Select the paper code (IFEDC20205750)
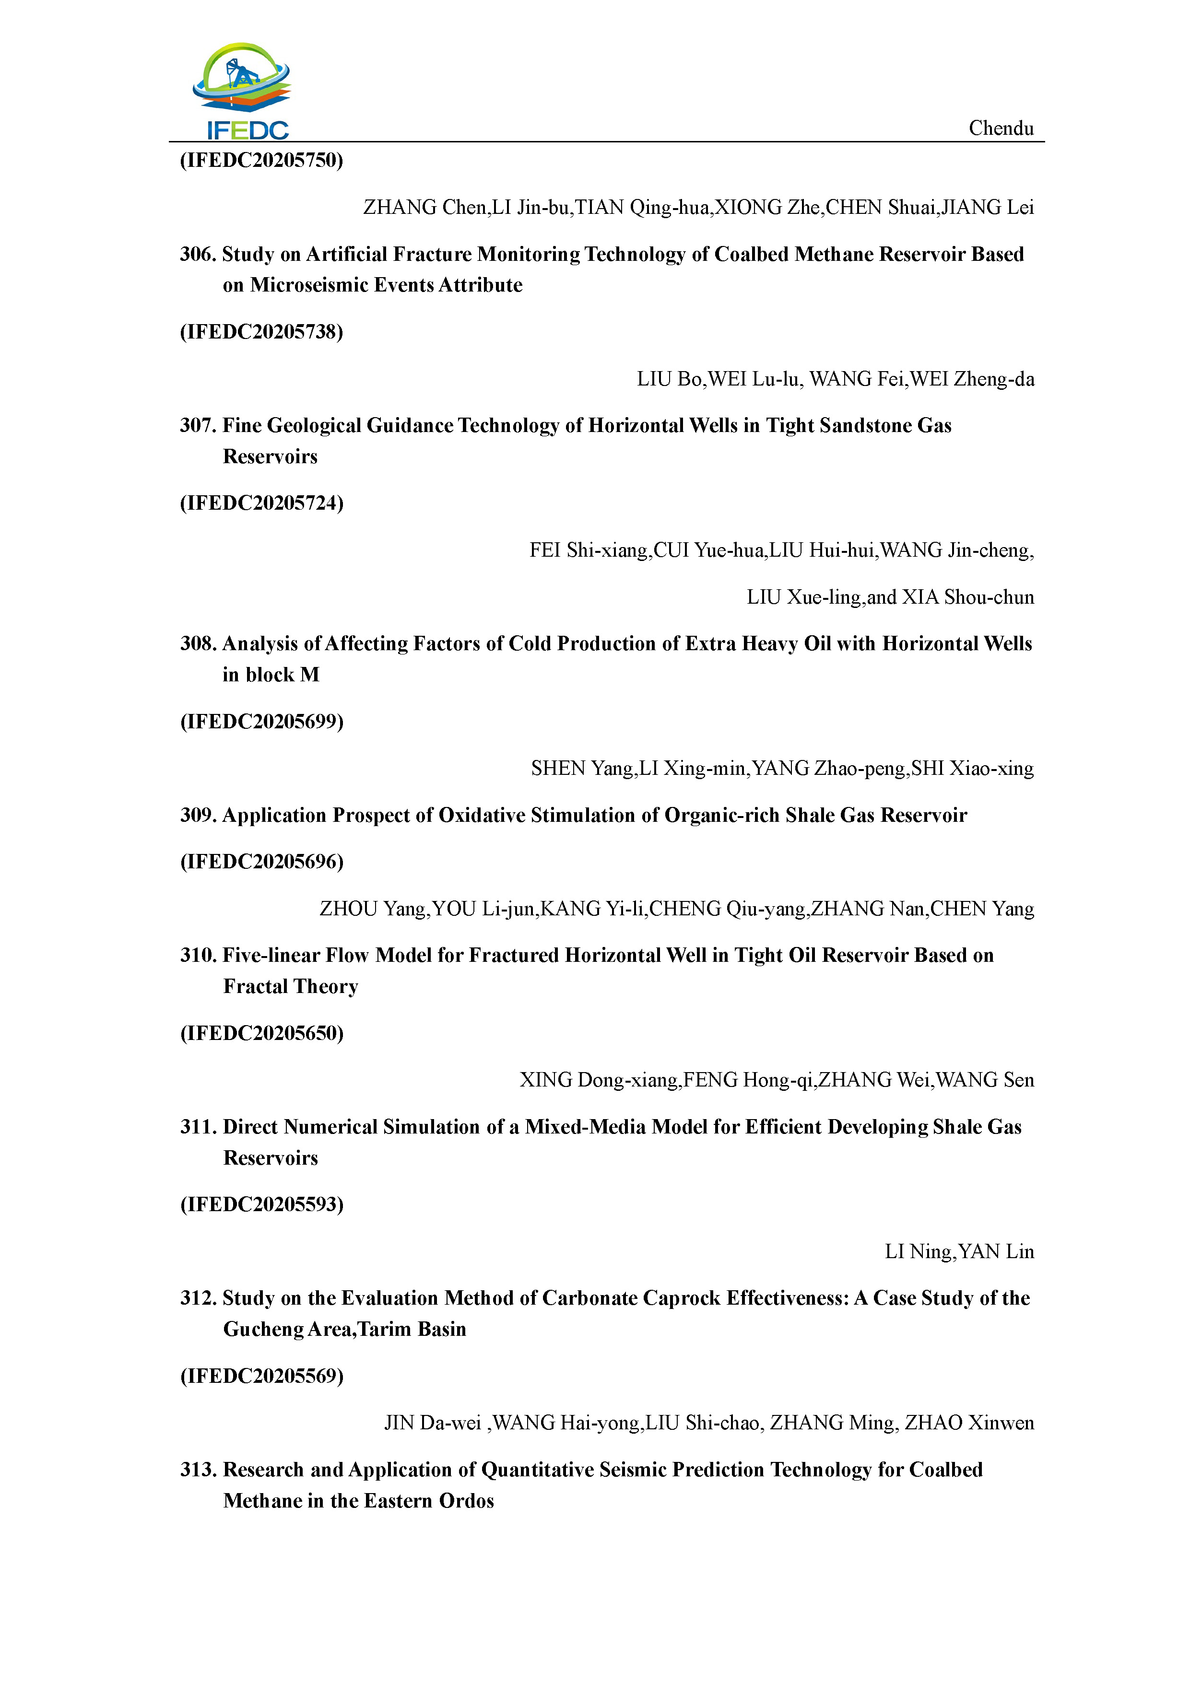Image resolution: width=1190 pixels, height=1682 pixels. tap(261, 161)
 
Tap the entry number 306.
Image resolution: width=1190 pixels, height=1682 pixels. tap(197, 254)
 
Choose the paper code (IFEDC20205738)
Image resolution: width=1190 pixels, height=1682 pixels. tap(261, 332)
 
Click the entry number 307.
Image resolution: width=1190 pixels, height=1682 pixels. tap(197, 426)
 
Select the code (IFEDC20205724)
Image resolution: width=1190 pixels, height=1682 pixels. tap(261, 503)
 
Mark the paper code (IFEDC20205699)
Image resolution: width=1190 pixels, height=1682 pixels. tap(261, 722)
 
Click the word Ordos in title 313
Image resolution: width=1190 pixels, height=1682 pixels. tap(466, 1501)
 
